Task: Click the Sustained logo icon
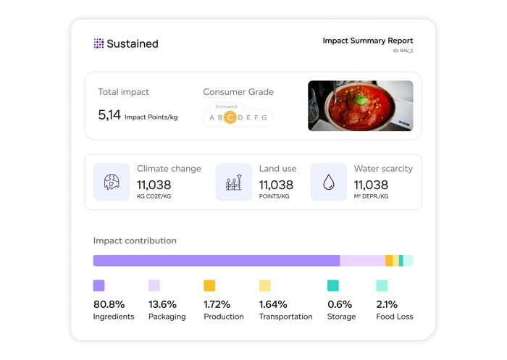click(x=99, y=43)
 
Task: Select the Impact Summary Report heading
click(x=368, y=41)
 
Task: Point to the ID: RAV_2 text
click(x=402, y=51)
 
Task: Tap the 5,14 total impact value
click(x=109, y=114)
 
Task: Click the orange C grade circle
click(x=230, y=117)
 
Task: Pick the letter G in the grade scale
click(x=264, y=117)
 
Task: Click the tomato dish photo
click(x=360, y=105)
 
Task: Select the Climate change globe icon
click(x=112, y=182)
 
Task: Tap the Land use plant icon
click(x=234, y=182)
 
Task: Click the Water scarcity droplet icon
click(x=329, y=182)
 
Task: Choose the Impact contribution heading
click(x=135, y=240)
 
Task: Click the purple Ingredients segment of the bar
click(x=217, y=261)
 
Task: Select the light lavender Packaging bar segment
click(x=362, y=261)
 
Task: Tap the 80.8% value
click(x=109, y=304)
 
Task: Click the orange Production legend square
click(x=209, y=285)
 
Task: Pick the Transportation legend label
click(x=285, y=317)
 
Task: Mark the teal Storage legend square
click(x=333, y=285)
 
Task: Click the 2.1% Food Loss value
click(x=387, y=304)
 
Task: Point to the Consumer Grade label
click(x=238, y=92)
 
